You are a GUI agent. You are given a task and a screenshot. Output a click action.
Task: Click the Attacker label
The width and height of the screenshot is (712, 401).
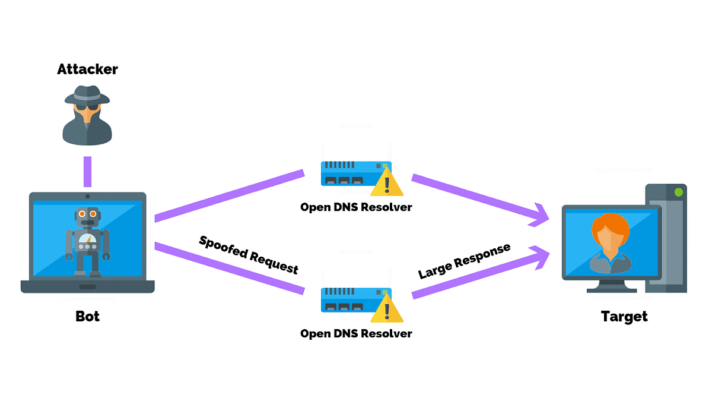[87, 69]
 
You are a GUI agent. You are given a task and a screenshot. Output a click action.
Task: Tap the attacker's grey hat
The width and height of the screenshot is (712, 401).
[87, 95]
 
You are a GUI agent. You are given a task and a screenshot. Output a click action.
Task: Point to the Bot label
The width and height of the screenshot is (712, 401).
[87, 316]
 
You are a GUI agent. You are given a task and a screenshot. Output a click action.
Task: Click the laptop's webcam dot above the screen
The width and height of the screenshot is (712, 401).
[88, 196]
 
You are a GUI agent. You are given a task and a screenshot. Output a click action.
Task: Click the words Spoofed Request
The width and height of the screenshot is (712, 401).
[249, 254]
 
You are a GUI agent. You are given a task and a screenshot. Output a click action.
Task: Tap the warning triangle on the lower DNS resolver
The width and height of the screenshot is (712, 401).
[387, 310]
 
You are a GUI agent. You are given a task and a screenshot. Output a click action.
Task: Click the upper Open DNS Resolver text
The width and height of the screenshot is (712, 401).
[356, 207]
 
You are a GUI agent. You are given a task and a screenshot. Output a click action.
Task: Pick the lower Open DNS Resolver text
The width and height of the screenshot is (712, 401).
[356, 333]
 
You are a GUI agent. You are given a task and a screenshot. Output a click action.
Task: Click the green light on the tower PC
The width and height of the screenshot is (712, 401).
[678, 192]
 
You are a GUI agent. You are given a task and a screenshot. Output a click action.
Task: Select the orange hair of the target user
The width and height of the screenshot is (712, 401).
[611, 224]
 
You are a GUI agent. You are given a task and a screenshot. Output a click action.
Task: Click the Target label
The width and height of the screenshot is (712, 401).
[624, 316]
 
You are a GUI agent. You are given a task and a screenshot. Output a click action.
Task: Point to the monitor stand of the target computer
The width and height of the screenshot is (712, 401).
[611, 286]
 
